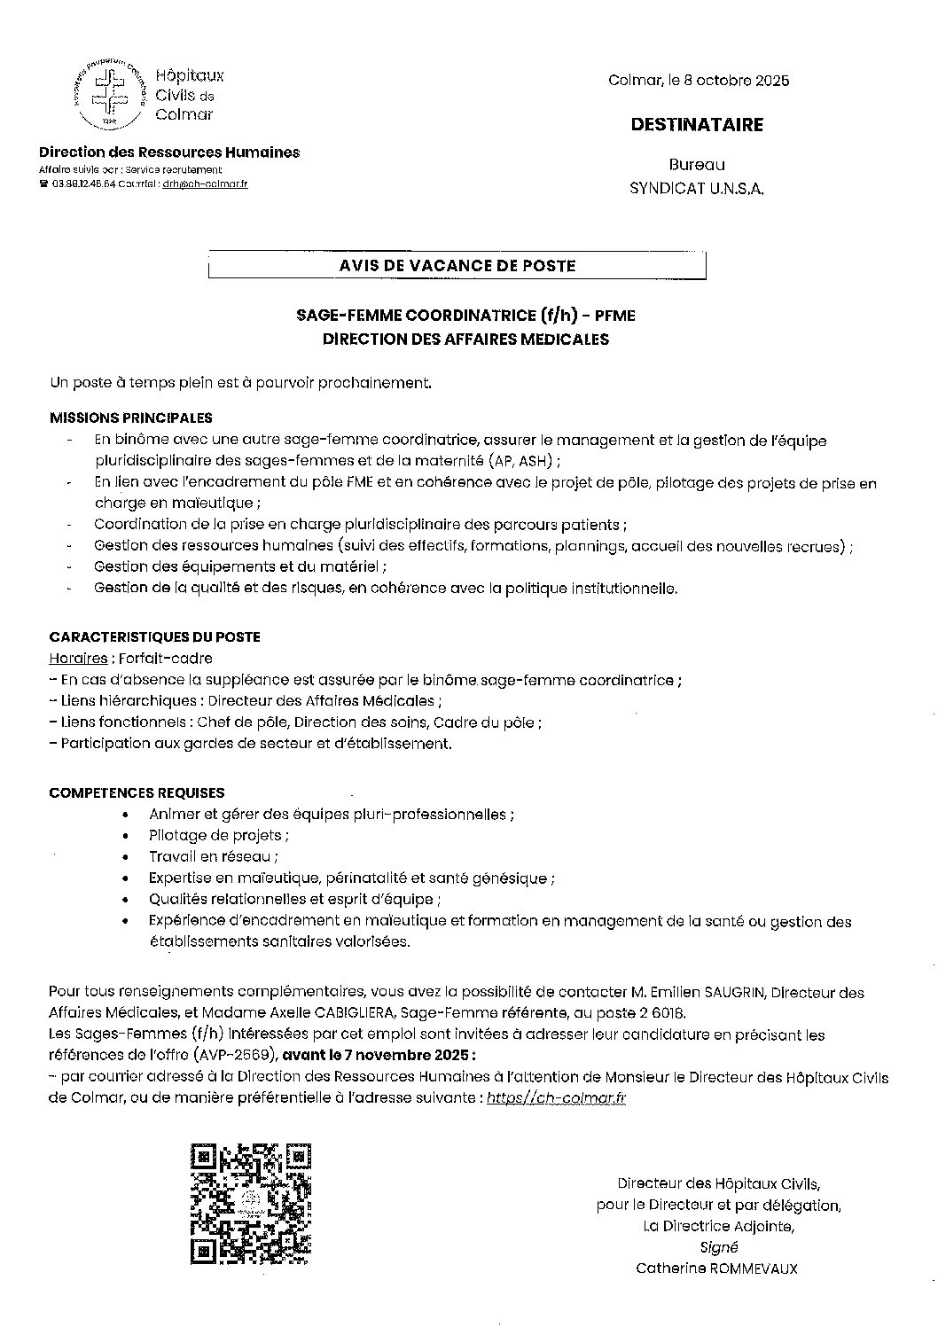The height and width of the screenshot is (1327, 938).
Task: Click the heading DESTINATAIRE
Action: click(x=697, y=125)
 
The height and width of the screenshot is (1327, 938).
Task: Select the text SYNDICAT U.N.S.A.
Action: click(x=696, y=189)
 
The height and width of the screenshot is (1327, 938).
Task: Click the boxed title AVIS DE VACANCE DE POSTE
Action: click(x=457, y=265)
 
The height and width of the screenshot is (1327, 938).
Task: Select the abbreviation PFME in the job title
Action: click(x=614, y=316)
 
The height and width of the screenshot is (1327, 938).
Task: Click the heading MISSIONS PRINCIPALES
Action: click(x=130, y=418)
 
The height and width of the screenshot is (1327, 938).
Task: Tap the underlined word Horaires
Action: click(x=79, y=659)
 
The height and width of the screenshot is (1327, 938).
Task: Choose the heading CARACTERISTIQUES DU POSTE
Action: click(x=154, y=637)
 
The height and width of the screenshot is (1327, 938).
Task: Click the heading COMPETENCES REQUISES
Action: click(x=137, y=792)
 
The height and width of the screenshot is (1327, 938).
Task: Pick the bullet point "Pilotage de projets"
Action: click(x=218, y=835)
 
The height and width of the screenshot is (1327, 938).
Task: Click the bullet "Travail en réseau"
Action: click(x=213, y=857)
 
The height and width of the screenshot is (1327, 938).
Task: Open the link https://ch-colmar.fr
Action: click(x=557, y=1098)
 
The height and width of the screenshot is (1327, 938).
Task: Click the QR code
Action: click(x=251, y=1203)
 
